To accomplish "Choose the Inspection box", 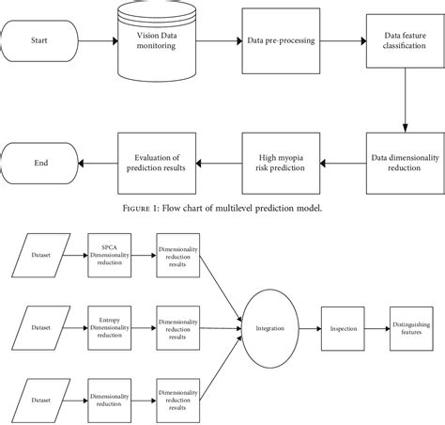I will coord(343,328).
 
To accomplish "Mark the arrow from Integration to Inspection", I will coord(313,328).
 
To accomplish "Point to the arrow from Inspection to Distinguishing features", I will coord(376,328).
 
